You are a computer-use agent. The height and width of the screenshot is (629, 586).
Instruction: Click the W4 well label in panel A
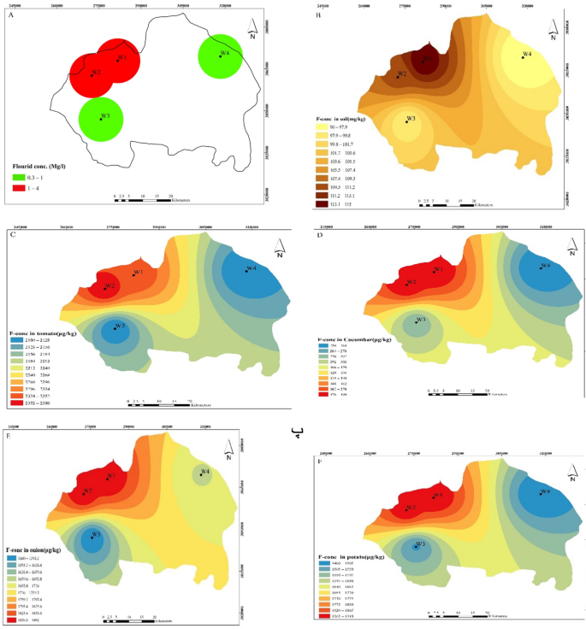click(224, 54)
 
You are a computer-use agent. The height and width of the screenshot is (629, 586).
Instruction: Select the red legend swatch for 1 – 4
click(18, 186)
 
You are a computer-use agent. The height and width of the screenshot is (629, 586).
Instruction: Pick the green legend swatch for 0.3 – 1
click(18, 177)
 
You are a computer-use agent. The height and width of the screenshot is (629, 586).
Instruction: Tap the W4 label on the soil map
click(527, 55)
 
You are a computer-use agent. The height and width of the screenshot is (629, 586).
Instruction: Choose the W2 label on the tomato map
click(110, 285)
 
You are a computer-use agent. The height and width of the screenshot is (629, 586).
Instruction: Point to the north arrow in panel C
click(278, 248)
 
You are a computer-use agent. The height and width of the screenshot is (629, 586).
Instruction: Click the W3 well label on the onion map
click(97, 534)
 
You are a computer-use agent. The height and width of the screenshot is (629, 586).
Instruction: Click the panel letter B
click(318, 15)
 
